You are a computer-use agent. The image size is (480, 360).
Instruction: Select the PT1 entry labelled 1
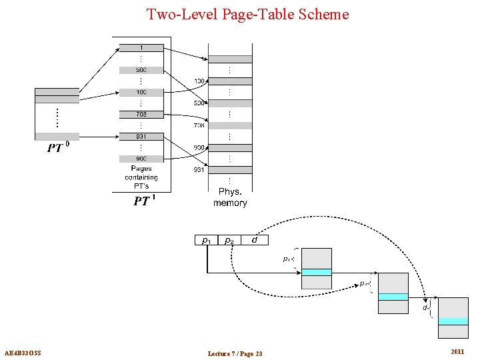(141, 48)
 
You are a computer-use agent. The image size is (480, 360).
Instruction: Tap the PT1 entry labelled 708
(141, 115)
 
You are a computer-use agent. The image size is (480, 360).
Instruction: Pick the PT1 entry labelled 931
(141, 137)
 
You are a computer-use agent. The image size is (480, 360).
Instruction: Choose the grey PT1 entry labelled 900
(141, 159)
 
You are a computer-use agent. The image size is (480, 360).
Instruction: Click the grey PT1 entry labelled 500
(141, 70)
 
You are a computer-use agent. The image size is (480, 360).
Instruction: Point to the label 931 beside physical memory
(199, 170)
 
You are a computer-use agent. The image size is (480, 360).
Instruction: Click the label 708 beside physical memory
(199, 125)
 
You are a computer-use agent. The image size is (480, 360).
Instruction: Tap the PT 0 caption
(57, 147)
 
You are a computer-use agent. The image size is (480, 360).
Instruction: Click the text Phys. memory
(230, 197)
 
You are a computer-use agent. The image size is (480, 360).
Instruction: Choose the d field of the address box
(254, 240)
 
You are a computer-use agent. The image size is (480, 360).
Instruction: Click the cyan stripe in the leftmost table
(316, 272)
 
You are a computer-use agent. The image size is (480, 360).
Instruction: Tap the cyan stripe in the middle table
(393, 297)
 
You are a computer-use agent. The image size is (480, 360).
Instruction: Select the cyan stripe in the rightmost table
(453, 321)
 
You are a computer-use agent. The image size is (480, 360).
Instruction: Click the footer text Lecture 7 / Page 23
(235, 353)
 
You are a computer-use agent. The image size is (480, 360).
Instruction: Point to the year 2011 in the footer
(457, 351)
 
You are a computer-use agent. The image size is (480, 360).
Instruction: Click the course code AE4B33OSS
(23, 353)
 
